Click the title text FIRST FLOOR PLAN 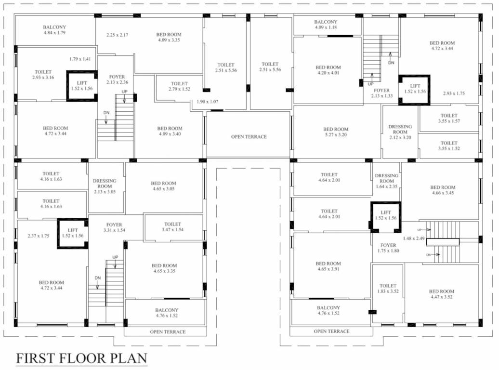pos(81,359)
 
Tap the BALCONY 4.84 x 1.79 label pos(54,30)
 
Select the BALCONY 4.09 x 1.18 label pos(326,25)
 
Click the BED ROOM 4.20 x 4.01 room pos(328,70)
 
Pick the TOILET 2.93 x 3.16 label pos(43,75)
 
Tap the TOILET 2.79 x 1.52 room pos(179,87)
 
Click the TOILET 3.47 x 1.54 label pos(172,227)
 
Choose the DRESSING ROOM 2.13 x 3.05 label pos(105,186)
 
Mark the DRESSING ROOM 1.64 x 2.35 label pos(386,181)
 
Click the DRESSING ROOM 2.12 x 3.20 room pos(400,132)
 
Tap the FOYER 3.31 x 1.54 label pos(114,228)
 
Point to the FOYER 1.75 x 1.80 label pos(388,248)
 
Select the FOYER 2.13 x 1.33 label pos(381,93)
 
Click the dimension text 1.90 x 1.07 pos(208,102)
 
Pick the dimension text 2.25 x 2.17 pos(117,35)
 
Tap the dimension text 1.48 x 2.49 pos(413,238)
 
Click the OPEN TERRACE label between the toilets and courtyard pos(249,137)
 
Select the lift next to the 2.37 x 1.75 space pos(72,233)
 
